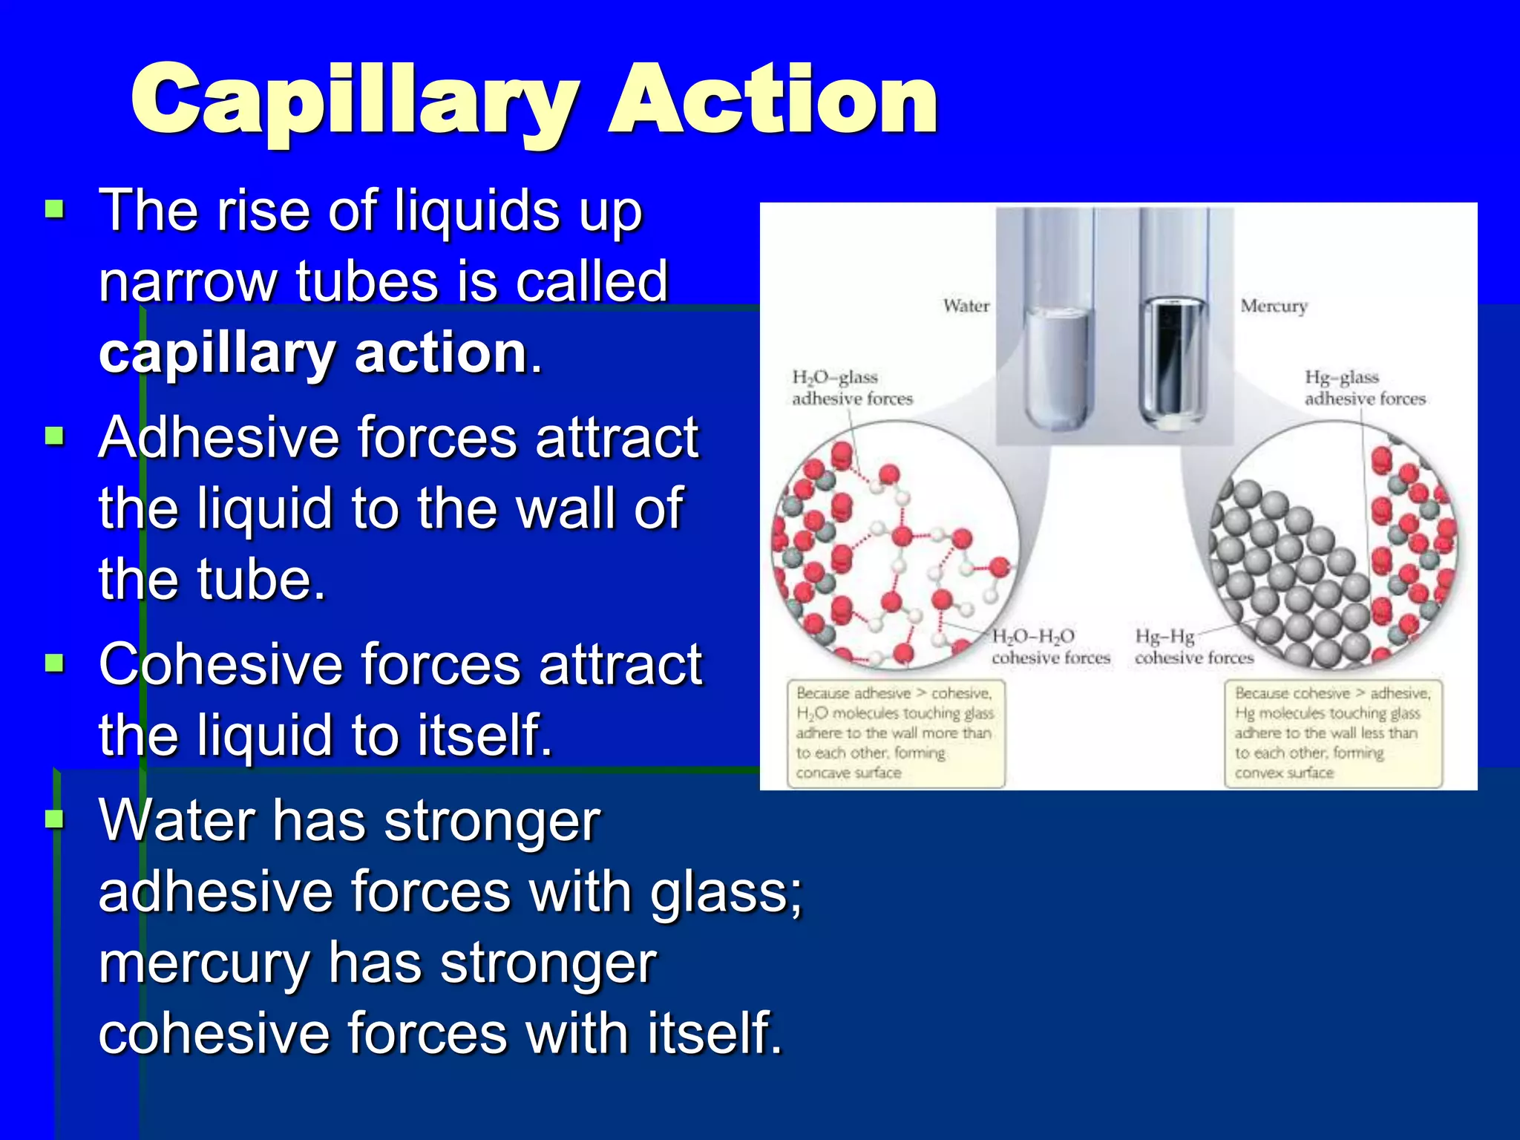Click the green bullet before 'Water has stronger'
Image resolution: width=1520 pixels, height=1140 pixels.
[x=55, y=819]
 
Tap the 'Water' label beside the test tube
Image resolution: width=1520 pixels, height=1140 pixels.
[x=966, y=306]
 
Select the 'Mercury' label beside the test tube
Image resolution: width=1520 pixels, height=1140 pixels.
[x=1274, y=306]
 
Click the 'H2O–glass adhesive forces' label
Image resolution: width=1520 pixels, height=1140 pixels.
[x=851, y=388]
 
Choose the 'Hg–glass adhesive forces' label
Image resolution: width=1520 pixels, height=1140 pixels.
[x=1364, y=388]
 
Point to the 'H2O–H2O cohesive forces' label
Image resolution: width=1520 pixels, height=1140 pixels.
[x=1049, y=647]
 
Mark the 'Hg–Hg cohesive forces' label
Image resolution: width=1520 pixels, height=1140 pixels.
[x=1193, y=647]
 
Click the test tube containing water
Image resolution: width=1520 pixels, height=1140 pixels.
[x=1058, y=356]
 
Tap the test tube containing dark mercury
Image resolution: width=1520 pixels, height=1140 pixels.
[x=1173, y=356]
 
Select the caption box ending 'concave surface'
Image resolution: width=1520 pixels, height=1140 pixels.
[x=895, y=733]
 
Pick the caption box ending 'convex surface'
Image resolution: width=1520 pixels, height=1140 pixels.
[x=1332, y=733]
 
